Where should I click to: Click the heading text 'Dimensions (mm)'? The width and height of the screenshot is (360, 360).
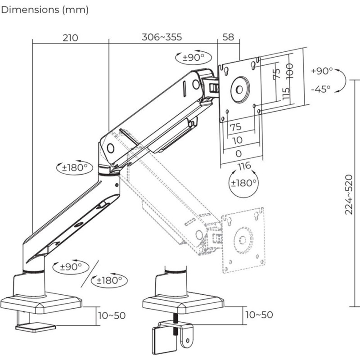click(45, 9)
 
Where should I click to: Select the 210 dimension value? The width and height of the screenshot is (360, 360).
click(70, 37)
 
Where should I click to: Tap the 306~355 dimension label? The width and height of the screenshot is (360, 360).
click(162, 37)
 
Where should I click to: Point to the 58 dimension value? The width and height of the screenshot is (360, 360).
click(228, 37)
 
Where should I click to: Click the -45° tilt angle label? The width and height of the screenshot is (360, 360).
click(321, 89)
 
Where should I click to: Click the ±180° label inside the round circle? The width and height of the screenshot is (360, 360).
click(243, 183)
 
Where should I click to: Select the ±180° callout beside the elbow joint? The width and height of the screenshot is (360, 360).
click(74, 167)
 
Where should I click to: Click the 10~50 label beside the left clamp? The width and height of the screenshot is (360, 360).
click(112, 315)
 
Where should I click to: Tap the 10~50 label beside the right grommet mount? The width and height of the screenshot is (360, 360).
click(259, 315)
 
